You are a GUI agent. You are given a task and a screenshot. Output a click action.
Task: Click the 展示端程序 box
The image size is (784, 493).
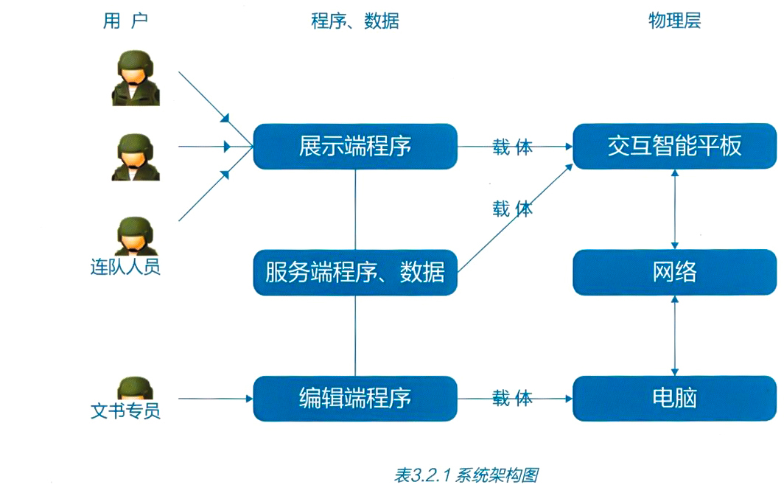tap(355, 146)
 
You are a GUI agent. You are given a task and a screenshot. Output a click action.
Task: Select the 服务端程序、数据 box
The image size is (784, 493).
tap(355, 273)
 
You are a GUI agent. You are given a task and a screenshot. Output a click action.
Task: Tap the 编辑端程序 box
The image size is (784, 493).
tap(355, 399)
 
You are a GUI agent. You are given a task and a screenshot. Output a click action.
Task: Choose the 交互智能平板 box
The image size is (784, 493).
tap(674, 146)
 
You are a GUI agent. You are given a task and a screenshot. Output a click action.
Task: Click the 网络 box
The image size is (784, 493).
tap(674, 273)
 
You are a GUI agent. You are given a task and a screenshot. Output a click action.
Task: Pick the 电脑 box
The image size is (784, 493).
tap(674, 399)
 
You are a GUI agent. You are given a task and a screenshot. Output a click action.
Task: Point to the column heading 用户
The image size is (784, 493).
tap(125, 21)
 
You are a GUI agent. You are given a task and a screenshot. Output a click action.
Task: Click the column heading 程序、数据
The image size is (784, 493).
tap(355, 21)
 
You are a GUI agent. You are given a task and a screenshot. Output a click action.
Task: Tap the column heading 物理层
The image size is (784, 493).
tap(674, 21)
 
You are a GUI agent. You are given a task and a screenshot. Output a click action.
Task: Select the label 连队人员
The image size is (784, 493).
tap(125, 267)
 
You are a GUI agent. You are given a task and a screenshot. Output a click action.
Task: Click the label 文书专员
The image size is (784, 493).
tap(125, 410)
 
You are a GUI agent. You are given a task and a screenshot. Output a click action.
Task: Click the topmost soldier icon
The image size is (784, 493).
tap(136, 77)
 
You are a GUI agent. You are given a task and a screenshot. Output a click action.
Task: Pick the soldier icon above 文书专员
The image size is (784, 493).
tap(136, 388)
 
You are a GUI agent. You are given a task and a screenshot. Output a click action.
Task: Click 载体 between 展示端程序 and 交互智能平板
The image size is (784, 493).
tap(513, 147)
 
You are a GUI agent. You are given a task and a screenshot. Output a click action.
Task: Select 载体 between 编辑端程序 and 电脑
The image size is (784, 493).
tap(513, 399)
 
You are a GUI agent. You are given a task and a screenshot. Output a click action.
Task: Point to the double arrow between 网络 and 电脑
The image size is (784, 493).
tap(675, 335)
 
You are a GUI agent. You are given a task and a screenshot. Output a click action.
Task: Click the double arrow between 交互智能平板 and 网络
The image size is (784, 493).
tap(675, 209)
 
